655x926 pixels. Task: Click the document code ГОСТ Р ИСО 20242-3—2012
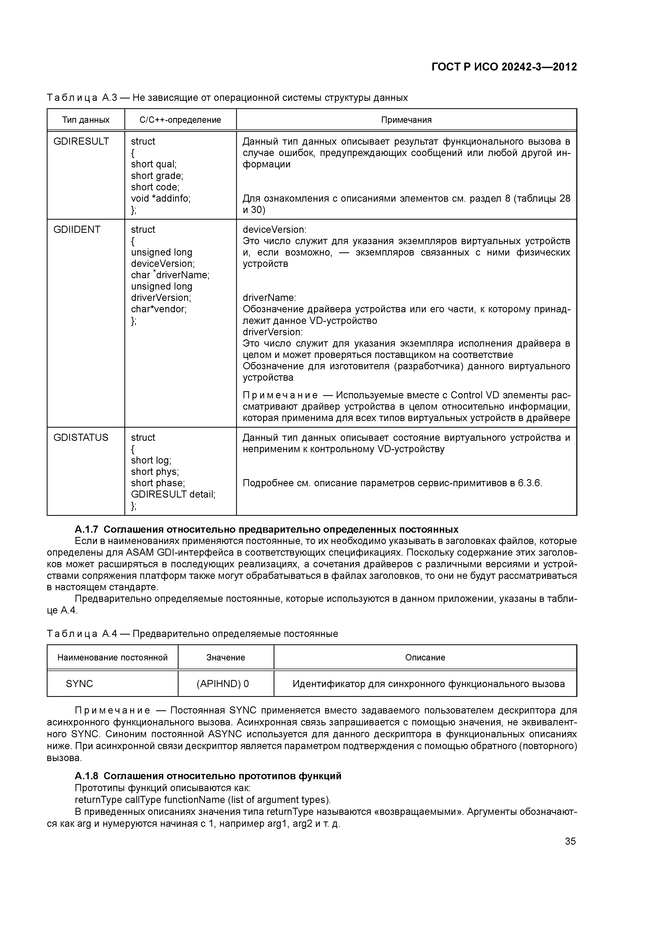click(x=504, y=67)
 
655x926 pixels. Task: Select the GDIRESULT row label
click(x=81, y=141)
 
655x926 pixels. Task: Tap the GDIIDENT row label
click(x=77, y=229)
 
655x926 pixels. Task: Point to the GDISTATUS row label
click(x=81, y=438)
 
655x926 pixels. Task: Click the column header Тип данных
click(x=86, y=120)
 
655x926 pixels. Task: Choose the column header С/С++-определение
click(x=180, y=120)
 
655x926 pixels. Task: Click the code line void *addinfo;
click(x=161, y=199)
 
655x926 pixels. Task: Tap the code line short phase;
click(x=158, y=483)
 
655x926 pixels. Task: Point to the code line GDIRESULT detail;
click(x=173, y=494)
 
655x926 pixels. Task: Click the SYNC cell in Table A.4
click(x=79, y=684)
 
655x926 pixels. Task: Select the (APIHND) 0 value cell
click(x=223, y=684)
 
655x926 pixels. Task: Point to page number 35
click(x=570, y=841)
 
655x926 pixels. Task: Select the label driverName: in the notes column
click(x=269, y=298)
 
